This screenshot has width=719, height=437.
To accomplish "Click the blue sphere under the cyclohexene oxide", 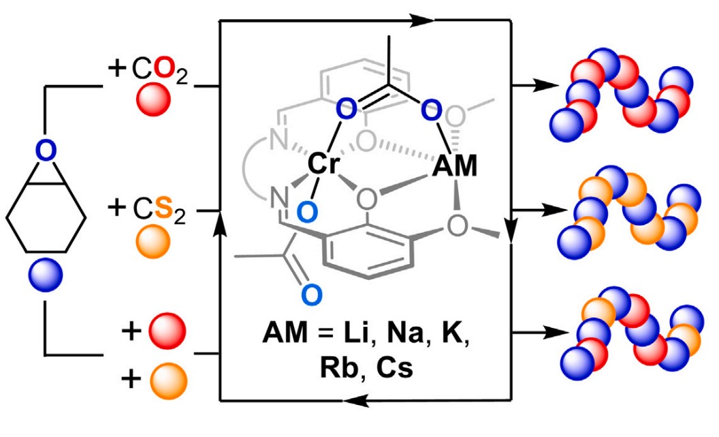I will pos(46,276).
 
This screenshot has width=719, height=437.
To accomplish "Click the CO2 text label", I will pos(148,69).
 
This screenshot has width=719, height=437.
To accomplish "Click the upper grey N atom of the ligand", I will pos(278,142).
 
